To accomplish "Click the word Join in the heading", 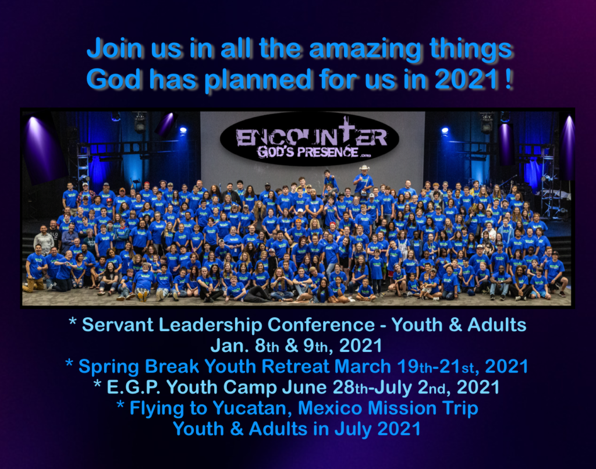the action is pos(115,49).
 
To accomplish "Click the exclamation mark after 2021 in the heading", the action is pos(509,79).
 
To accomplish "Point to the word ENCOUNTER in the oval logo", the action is pos(311,136).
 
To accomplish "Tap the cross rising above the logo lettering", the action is pos(346,131).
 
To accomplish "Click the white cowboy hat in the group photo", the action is pos(364,168).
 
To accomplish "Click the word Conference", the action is pos(321,325).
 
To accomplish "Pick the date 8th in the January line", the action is pos(267,346).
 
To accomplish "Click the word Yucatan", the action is pos(251,408).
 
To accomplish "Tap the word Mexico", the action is pos(330,408).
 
